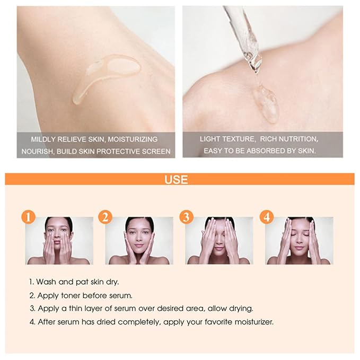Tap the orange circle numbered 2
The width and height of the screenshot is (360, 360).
click(x=106, y=217)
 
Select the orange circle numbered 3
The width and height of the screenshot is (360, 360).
click(x=186, y=217)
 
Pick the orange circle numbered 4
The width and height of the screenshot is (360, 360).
click(x=266, y=217)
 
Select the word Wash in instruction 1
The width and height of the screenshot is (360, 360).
click(x=47, y=282)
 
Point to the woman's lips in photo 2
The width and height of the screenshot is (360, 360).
click(x=139, y=246)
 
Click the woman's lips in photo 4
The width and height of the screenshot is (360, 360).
click(x=299, y=247)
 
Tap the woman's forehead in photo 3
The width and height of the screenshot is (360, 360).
click(x=219, y=223)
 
